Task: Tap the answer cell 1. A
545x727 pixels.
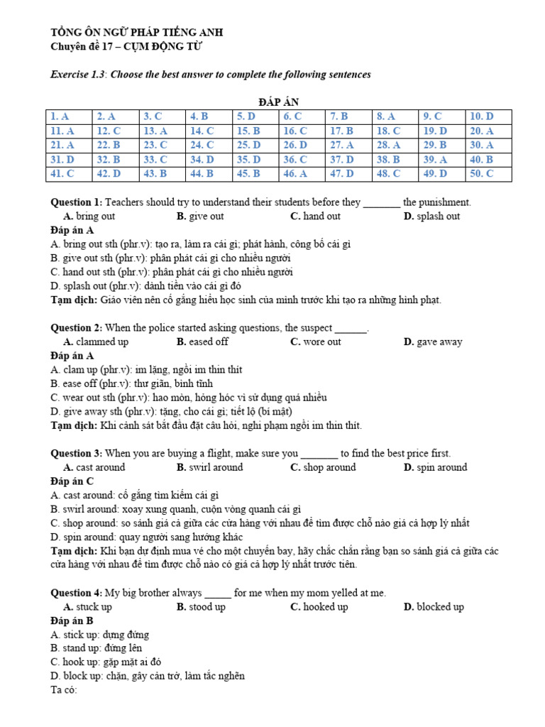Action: tap(69, 116)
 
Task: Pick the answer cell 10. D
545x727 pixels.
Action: tap(489, 116)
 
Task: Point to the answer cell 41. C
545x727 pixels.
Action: tap(69, 174)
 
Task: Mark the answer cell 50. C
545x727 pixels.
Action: tap(489, 174)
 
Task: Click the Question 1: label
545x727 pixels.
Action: tap(77, 202)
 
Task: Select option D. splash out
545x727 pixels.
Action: tap(431, 217)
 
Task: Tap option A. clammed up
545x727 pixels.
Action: tap(96, 342)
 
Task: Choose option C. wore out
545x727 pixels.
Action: tap(316, 342)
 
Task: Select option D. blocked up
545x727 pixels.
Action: tap(434, 607)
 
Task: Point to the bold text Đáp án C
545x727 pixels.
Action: tap(72, 481)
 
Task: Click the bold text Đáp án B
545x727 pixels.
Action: tap(72, 621)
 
